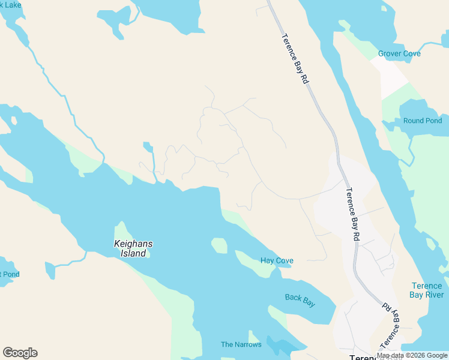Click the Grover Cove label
399,53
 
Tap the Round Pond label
423,121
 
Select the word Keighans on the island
133,244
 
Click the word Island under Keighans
133,253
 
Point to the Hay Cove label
277,260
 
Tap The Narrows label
241,344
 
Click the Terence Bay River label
426,290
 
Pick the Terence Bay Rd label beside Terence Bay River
391,325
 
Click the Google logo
20,353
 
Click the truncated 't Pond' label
10,274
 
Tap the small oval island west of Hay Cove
219,245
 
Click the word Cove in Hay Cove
284,260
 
